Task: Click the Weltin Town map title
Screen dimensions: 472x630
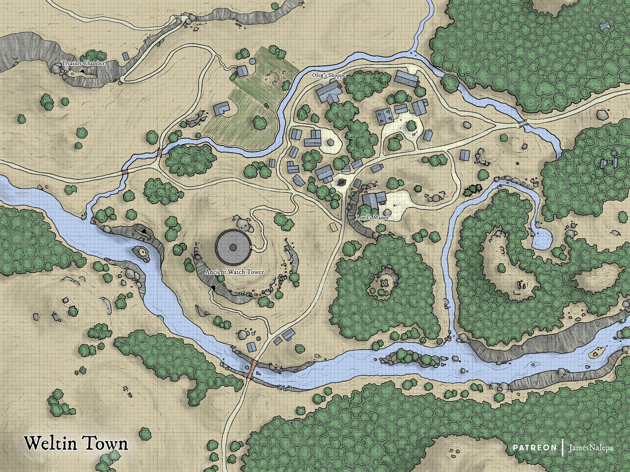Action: pyautogui.click(x=76, y=443)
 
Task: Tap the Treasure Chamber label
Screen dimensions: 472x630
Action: pyautogui.click(x=83, y=63)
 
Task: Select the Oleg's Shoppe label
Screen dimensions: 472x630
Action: pyautogui.click(x=329, y=75)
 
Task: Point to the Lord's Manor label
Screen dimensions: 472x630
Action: pyautogui.click(x=372, y=217)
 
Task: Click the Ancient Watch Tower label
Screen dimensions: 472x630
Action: pyautogui.click(x=235, y=272)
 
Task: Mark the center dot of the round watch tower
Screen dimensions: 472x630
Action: pyautogui.click(x=233, y=247)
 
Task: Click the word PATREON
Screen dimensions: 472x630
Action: pyautogui.click(x=535, y=448)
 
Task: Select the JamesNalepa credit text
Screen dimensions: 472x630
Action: pyautogui.click(x=591, y=448)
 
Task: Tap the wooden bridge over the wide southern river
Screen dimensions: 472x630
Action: pyautogui.click(x=252, y=369)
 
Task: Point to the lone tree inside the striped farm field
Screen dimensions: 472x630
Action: pyautogui.click(x=260, y=123)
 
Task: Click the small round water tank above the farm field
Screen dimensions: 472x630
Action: pyautogui.click(x=252, y=61)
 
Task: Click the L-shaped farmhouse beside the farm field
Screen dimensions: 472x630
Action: pyautogui.click(x=221, y=109)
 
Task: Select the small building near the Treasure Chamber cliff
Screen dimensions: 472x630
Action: pyautogui.click(x=126, y=56)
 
